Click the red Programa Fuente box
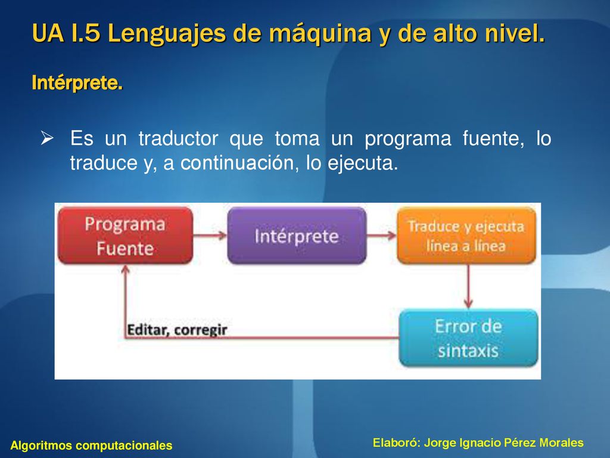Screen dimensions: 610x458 pos(125,236)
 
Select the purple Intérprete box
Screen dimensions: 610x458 pos(297,236)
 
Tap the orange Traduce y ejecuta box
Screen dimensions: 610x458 pos(466,236)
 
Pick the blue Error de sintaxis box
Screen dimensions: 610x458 pos(468,338)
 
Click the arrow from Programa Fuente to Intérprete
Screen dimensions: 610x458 pos(210,235)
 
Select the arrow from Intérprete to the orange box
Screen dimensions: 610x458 pos(381,235)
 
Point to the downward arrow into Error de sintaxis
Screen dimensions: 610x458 pos(468,287)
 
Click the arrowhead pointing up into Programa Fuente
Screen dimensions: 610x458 pos(125,269)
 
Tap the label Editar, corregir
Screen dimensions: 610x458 pos(177,330)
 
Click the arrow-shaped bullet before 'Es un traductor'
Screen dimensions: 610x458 pos(47,138)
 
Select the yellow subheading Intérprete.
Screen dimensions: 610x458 pos(77,82)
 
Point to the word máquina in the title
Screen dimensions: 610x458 pos(320,33)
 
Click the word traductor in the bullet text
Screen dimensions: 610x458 pos(179,138)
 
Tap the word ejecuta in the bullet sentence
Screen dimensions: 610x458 pos(363,163)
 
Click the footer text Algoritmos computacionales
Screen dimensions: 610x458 pos(91,445)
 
